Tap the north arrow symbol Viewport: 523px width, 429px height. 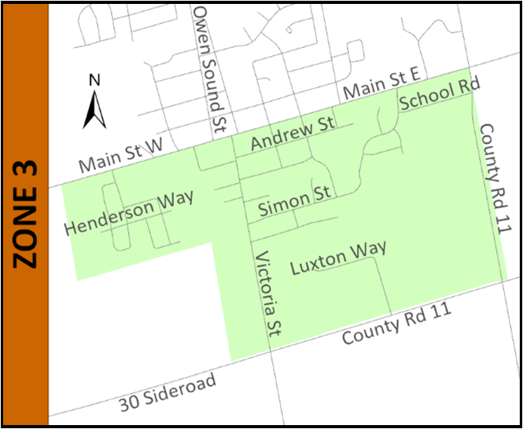[x=95, y=109]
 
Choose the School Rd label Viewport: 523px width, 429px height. [x=438, y=94]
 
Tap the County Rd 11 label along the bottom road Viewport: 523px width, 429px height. [x=397, y=322]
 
